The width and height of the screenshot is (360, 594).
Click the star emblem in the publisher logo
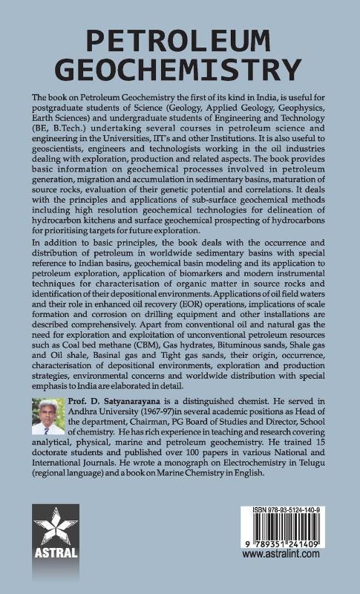(x=56, y=531)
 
